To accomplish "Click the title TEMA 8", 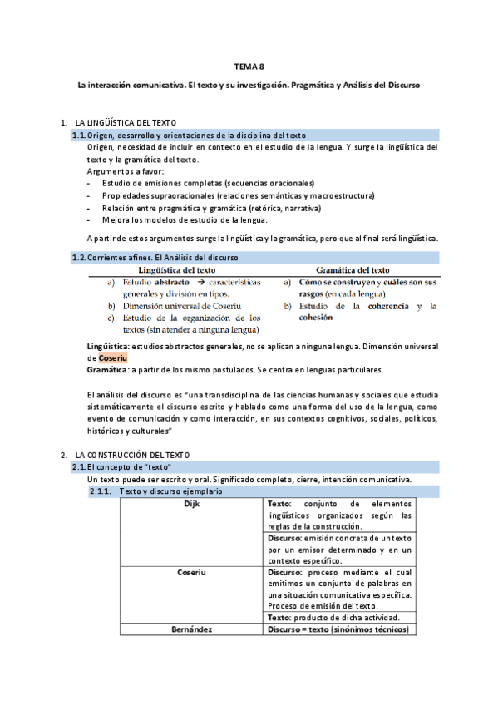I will tap(249, 67).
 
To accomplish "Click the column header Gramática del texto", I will tap(353, 270).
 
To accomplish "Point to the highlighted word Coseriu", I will tap(103, 357).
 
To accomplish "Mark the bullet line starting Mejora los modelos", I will tap(185, 219).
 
